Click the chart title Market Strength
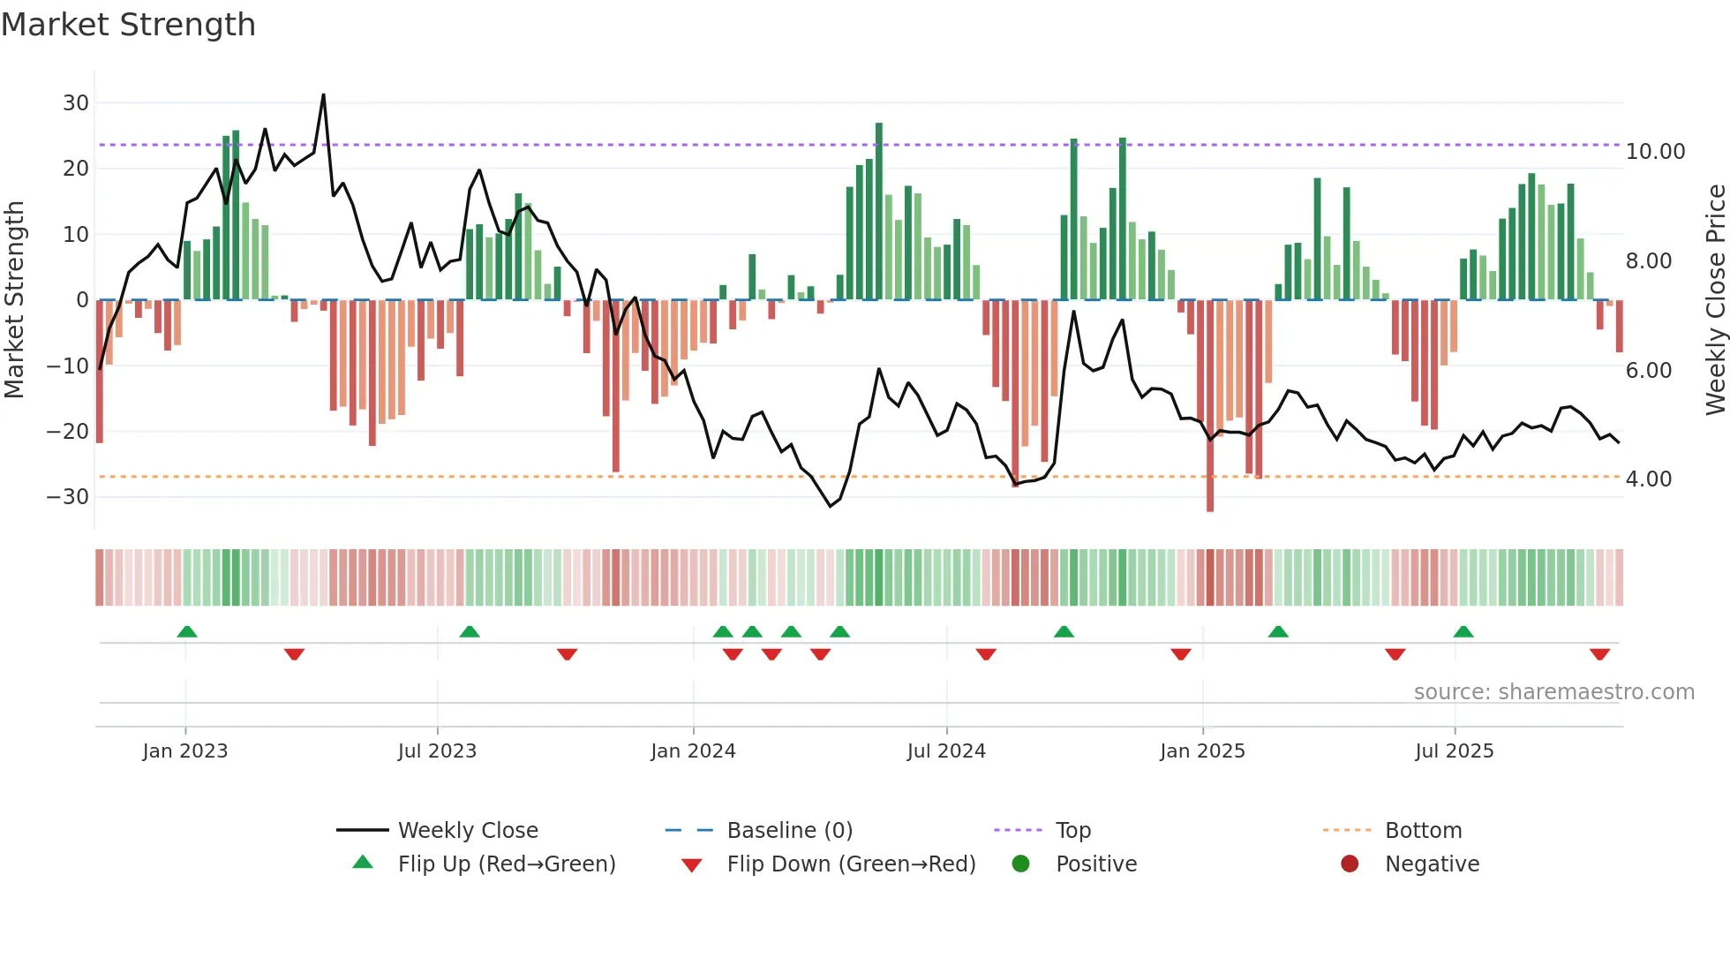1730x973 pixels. (128, 25)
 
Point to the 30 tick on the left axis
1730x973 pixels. (76, 103)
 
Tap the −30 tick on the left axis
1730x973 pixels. (69, 497)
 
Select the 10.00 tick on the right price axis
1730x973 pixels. (1655, 152)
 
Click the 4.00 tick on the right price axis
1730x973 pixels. (1648, 479)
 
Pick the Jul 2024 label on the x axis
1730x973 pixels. (945, 751)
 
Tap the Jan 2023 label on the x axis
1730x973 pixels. (185, 751)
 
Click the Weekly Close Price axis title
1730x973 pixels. (1715, 300)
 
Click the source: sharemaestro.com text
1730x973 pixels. (1553, 692)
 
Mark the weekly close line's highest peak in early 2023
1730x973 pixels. (323, 95)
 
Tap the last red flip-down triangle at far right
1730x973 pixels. (1599, 654)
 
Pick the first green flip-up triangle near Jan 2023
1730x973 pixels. (187, 631)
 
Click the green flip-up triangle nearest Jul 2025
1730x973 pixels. (1463, 631)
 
